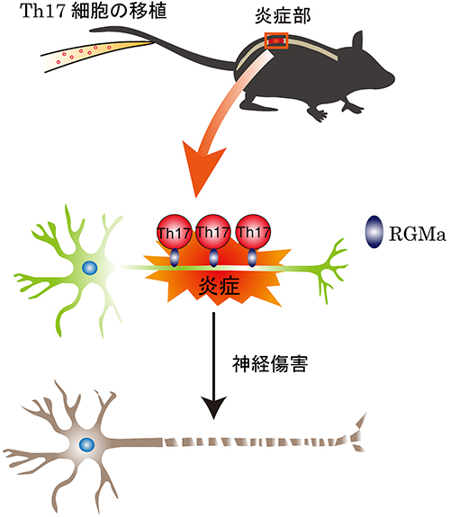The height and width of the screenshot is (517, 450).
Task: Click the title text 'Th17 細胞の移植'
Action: coord(93,11)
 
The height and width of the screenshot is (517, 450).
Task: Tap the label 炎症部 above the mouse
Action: coord(283,16)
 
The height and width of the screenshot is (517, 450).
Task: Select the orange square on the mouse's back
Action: coord(276,40)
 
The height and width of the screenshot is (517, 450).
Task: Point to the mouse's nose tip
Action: coord(393,77)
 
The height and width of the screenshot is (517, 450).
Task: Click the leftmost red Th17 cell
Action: coord(174,232)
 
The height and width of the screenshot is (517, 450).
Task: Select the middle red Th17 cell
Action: coord(213,231)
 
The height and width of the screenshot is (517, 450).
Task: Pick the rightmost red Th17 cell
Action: coord(254,231)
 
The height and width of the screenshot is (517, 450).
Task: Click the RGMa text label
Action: coord(418,234)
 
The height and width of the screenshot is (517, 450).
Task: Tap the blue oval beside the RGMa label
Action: coord(374,232)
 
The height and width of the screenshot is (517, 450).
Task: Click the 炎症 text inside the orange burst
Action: coord(219,286)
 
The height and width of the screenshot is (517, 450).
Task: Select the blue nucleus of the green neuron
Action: coord(90,267)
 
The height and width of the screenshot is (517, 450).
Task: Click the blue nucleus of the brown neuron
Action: coord(86,445)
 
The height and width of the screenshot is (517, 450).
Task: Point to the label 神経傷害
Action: coord(270,363)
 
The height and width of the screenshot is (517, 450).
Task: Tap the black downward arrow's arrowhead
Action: coord(214,406)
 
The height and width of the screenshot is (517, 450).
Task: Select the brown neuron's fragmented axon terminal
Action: coord(358,432)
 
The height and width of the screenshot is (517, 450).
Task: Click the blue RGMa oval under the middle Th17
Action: coord(213,257)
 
